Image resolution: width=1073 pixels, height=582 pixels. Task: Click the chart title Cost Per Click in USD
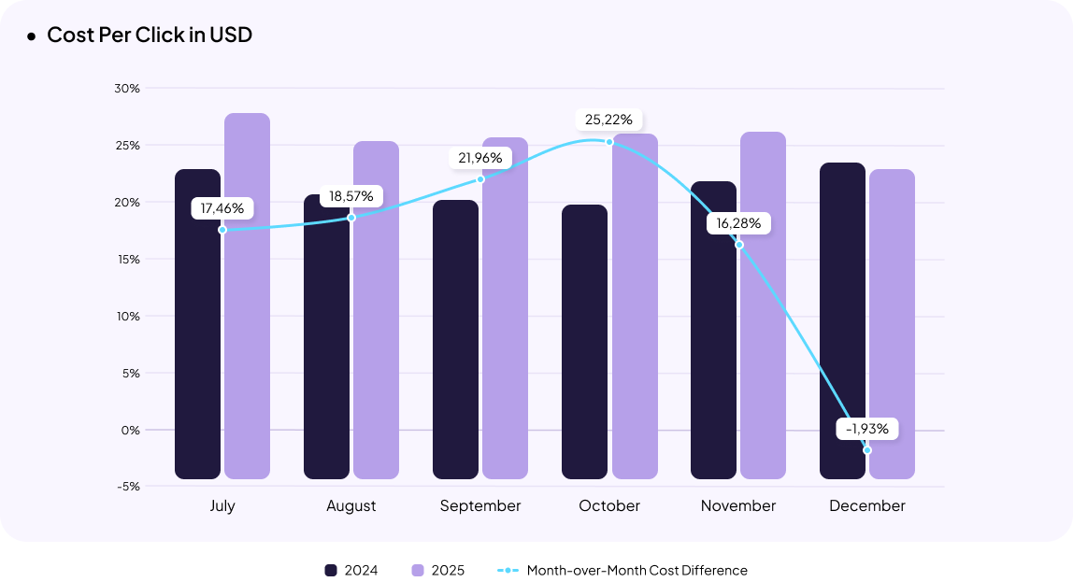pyautogui.click(x=150, y=35)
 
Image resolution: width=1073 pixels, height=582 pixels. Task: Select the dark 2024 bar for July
pyautogui.click(x=198, y=327)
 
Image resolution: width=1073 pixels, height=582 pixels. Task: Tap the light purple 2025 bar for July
pyautogui.click(x=248, y=299)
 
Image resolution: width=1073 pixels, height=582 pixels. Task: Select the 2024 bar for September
pyautogui.click(x=455, y=340)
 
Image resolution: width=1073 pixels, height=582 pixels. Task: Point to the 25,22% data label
pyautogui.click(x=608, y=120)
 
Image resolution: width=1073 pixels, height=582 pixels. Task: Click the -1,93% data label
pyautogui.click(x=867, y=429)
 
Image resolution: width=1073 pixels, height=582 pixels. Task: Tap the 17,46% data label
pyautogui.click(x=222, y=208)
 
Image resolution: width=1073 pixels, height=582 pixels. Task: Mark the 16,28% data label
pyautogui.click(x=738, y=224)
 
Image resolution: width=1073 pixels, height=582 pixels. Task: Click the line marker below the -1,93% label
pyautogui.click(x=867, y=450)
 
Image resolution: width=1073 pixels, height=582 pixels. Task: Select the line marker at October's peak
pyautogui.click(x=609, y=142)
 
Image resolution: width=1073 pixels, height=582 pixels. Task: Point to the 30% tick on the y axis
pyautogui.click(x=127, y=89)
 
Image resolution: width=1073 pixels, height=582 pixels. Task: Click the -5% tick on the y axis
pyautogui.click(x=129, y=487)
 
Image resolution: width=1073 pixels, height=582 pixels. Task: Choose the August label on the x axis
pyautogui.click(x=351, y=506)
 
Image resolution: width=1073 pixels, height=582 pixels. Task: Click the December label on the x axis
pyautogui.click(x=867, y=506)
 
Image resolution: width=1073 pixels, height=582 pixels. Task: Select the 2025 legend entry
pyautogui.click(x=437, y=571)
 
